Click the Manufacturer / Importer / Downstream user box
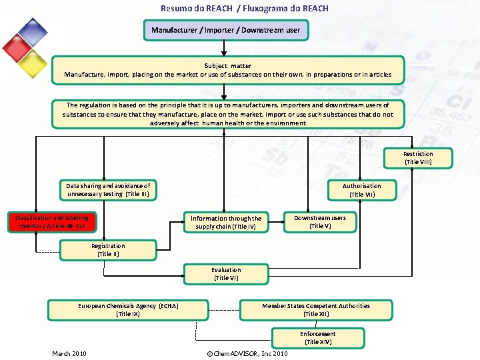pos(225,30)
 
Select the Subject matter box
pos(228,70)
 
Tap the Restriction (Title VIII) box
pos(418,158)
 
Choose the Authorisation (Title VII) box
pos(362,190)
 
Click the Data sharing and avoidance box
pos(108,190)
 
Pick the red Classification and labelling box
pos(52,222)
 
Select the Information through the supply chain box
pos(226,222)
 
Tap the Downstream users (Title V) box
pos(320,222)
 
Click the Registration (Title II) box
pos(108,250)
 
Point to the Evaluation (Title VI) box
pos(226,274)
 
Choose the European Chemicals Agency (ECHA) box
pos(127,310)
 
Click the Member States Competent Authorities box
pos(316,310)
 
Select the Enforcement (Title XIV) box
pos(318,338)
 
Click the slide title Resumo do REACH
pos(244,9)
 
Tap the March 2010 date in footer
pos(69,353)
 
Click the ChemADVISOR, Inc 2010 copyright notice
pos(247,353)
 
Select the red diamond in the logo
pos(16,47)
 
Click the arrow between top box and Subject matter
pos(225,47)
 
